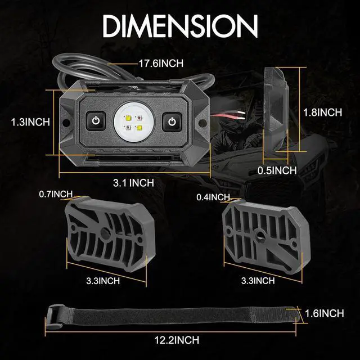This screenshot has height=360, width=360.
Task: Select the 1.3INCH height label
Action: pos(31,121)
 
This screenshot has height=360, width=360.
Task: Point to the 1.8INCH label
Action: pos(322,112)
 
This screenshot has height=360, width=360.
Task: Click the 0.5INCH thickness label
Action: pos(276,170)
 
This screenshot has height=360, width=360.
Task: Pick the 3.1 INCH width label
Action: pos(134,182)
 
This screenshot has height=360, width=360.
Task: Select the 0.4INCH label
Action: pos(213,197)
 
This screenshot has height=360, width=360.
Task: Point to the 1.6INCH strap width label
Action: pos(325,313)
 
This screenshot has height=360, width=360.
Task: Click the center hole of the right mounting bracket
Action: pos(260,232)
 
